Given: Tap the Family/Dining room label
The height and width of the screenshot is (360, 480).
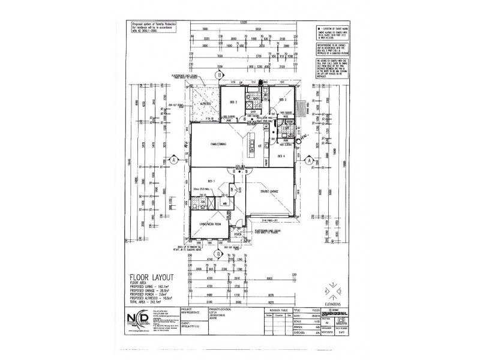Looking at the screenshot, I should click(x=213, y=145).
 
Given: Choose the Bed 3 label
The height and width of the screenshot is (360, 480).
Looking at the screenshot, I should click(x=281, y=99).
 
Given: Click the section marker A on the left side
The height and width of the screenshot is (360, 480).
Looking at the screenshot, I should click(x=173, y=160).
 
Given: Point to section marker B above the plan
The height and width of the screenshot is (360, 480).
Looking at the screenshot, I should click(x=220, y=74).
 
